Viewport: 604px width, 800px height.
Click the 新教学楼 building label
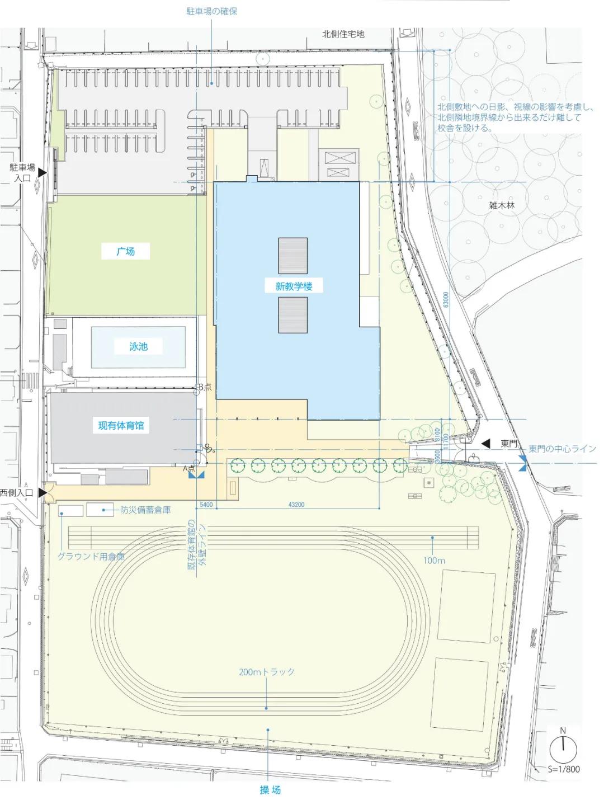click(293, 286)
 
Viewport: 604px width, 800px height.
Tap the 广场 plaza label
click(126, 251)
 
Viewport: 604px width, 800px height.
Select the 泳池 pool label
click(138, 346)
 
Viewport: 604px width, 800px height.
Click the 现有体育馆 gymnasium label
click(121, 425)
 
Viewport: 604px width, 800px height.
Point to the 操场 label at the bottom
click(270, 789)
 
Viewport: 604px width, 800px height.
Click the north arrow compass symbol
click(563, 747)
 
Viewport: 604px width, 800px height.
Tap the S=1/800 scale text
click(564, 769)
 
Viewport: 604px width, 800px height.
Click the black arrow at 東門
click(486, 444)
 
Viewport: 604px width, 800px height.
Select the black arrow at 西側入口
click(41, 493)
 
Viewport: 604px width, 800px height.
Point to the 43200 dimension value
click(296, 505)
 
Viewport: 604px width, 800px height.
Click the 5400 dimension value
click(206, 505)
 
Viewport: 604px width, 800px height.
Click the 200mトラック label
click(266, 672)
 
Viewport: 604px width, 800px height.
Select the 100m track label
click(433, 560)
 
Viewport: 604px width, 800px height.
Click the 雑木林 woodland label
click(502, 205)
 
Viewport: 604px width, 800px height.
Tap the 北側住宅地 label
click(343, 34)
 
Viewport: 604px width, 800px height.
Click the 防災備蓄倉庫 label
click(145, 510)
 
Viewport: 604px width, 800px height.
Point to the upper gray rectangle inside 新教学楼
click(293, 255)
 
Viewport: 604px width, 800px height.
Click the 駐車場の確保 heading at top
click(212, 11)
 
